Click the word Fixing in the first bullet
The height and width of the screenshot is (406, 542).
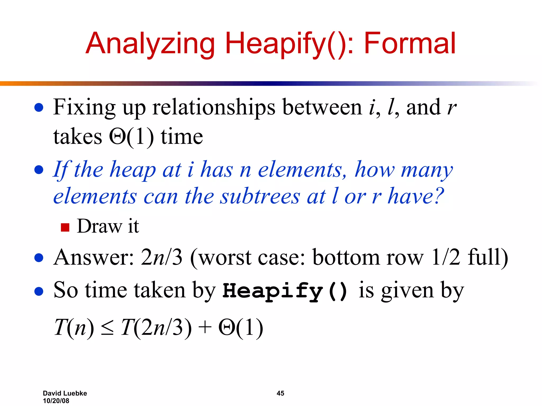(84, 107)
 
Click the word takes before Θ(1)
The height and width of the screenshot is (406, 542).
(78, 137)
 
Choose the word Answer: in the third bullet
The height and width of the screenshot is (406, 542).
(94, 257)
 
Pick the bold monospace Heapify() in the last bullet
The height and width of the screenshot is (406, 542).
(285, 291)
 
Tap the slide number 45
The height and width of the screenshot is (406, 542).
(280, 393)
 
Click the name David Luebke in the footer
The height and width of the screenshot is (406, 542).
(65, 393)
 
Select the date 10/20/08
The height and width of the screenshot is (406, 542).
(56, 401)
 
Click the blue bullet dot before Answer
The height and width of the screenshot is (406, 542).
(39, 258)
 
